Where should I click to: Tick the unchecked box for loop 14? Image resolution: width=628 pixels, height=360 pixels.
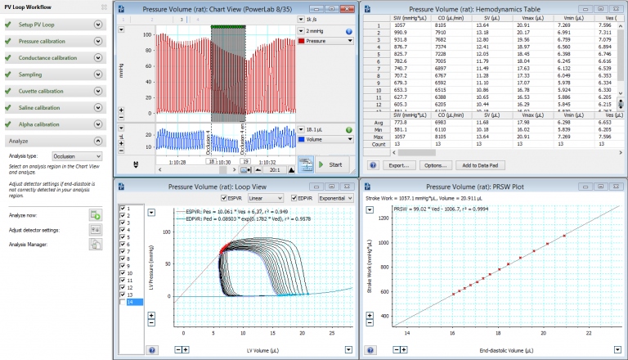click(123, 302)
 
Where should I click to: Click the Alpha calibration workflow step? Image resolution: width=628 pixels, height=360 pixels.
click(41, 124)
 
